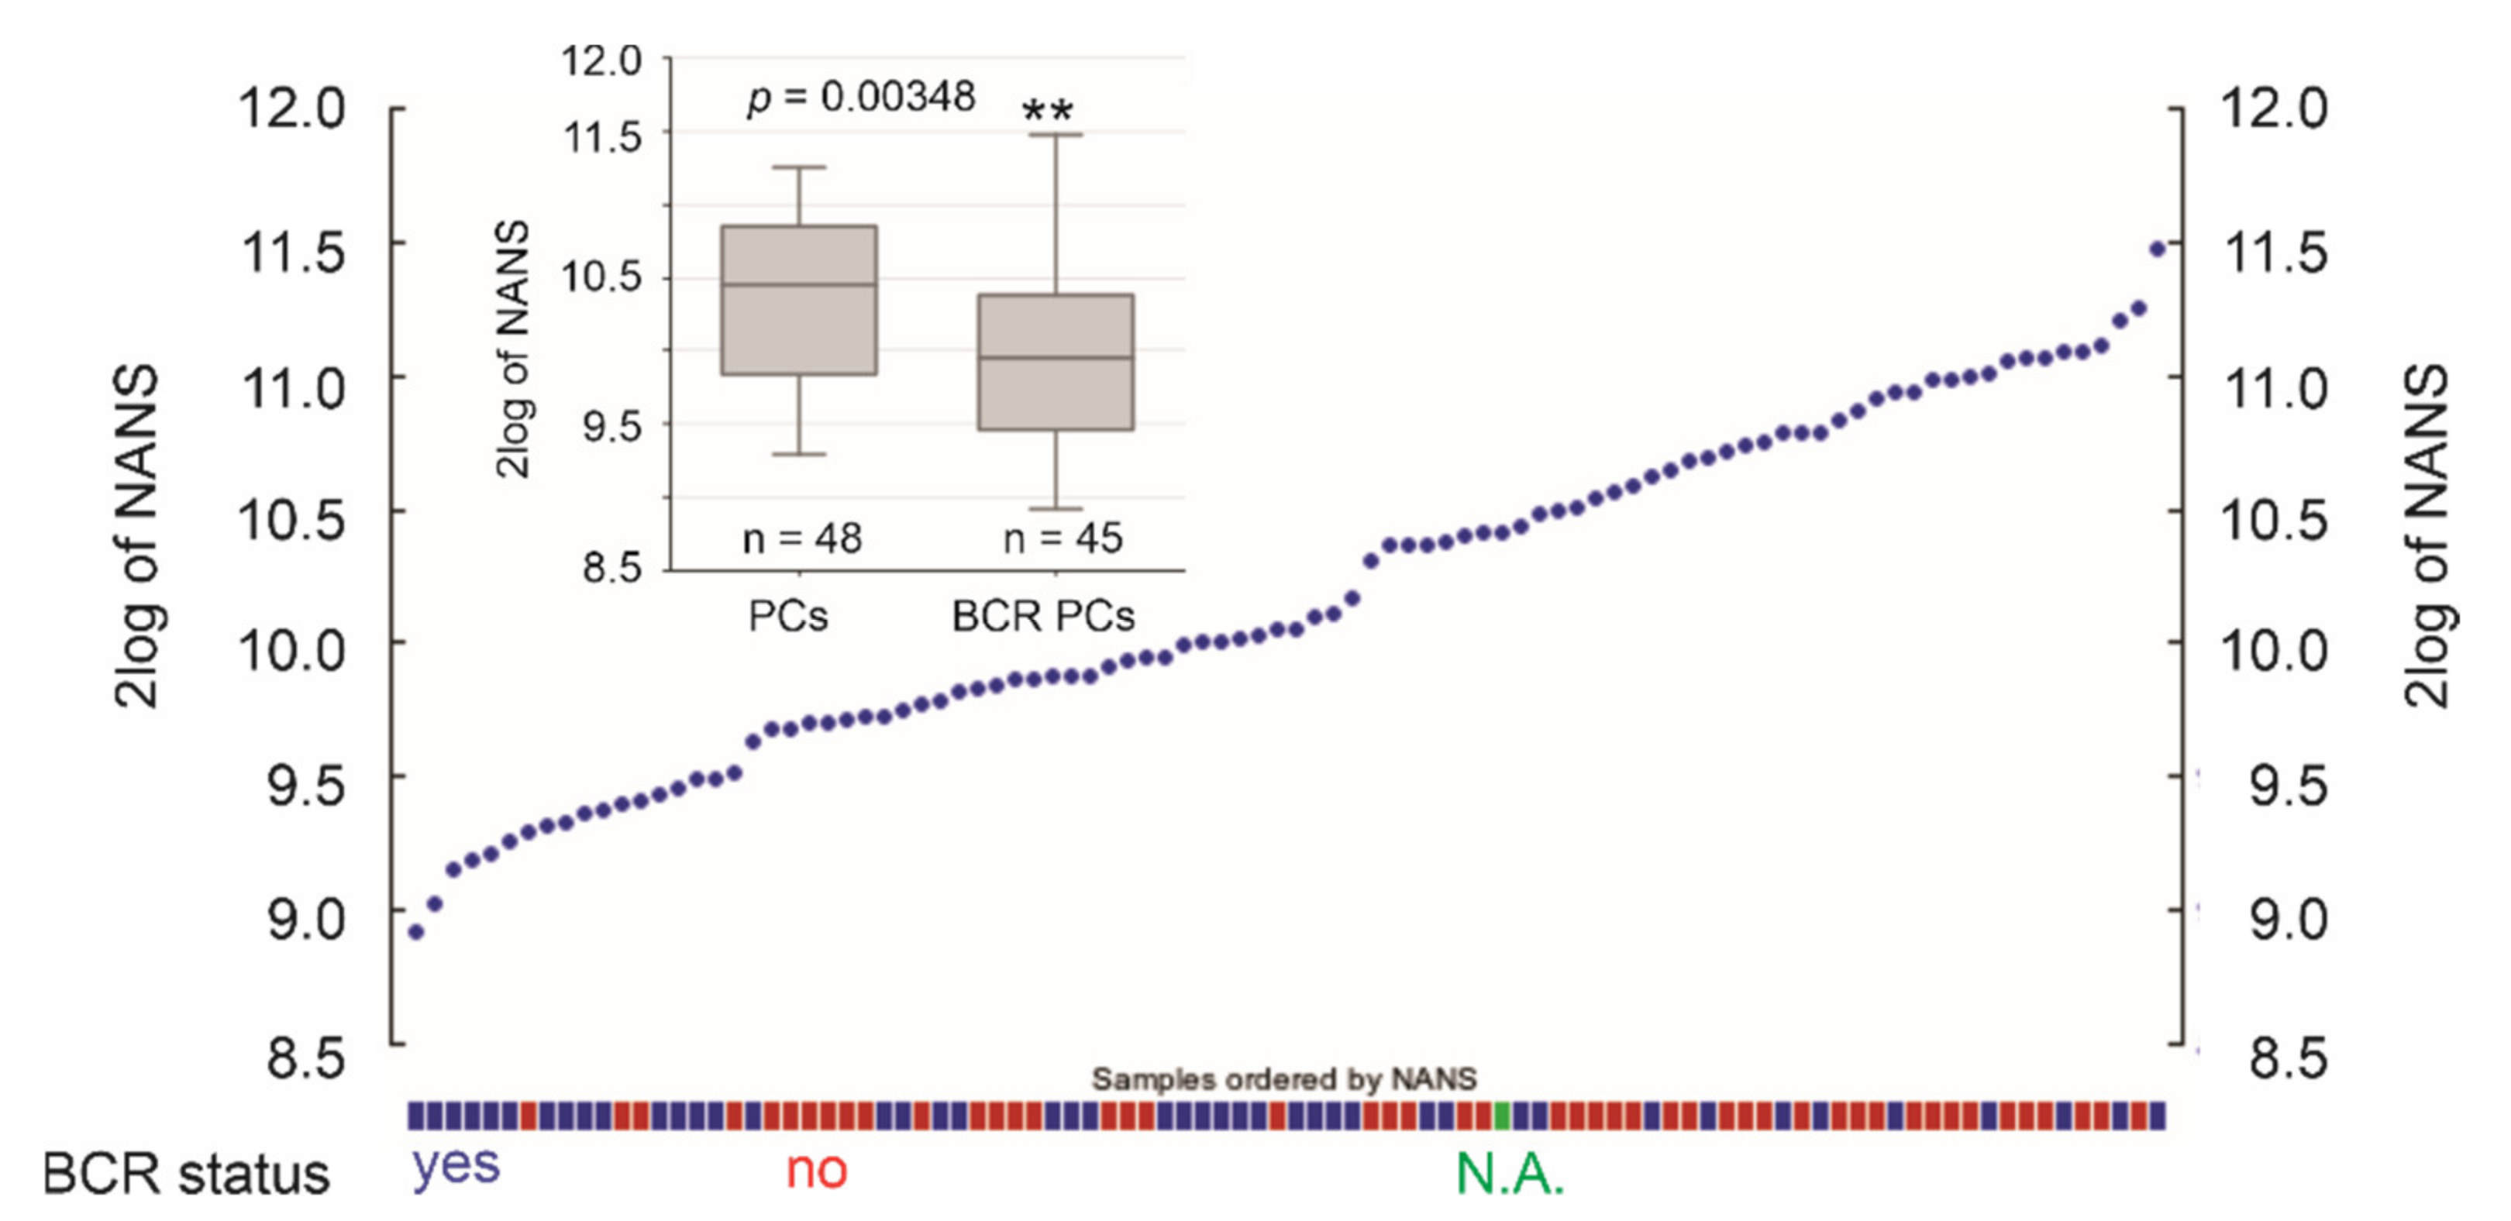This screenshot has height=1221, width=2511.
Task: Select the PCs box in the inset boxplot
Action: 798,300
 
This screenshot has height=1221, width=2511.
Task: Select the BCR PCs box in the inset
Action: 1056,362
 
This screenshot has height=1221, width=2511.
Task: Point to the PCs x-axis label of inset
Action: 787,617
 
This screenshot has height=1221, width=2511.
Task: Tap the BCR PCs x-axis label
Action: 1043,617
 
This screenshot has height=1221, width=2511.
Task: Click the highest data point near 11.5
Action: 2157,249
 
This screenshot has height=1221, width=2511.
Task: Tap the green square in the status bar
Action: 1502,1116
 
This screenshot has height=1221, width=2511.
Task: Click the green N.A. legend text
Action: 1509,1175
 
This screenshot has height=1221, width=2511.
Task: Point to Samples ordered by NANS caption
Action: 1283,1078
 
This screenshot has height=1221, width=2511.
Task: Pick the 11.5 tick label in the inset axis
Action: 604,137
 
